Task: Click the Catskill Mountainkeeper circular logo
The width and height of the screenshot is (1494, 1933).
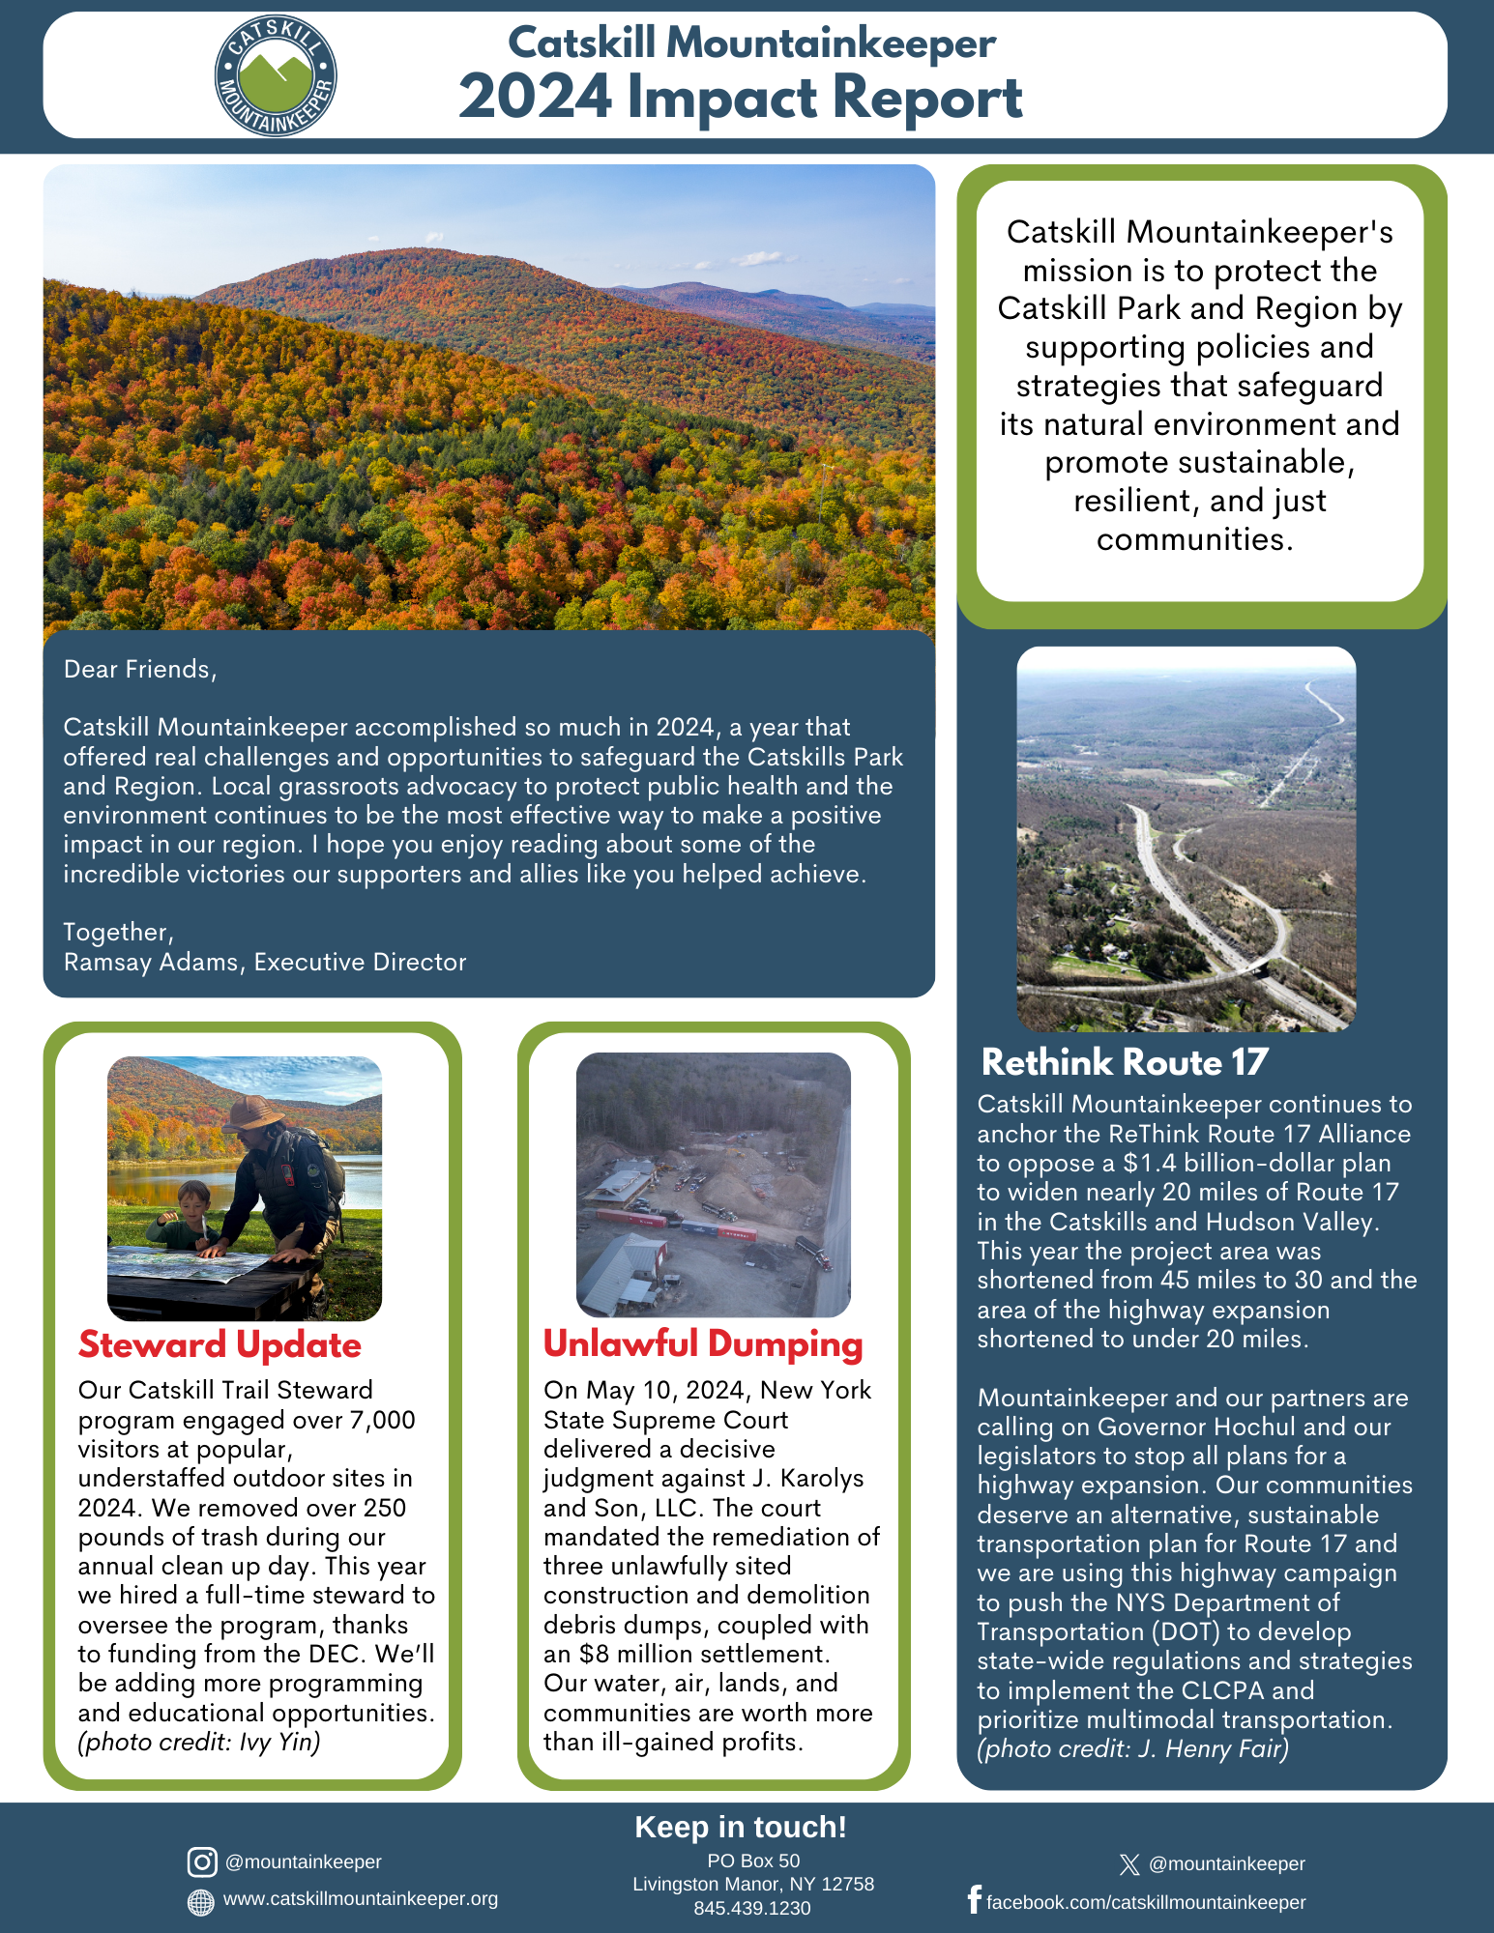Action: (x=276, y=76)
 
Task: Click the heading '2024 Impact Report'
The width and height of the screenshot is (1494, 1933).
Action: (x=740, y=99)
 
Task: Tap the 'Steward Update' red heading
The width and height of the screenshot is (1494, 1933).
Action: (x=220, y=1344)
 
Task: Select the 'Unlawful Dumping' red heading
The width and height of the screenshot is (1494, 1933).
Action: (x=703, y=1343)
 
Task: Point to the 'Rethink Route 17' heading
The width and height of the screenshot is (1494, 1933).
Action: (x=1124, y=1062)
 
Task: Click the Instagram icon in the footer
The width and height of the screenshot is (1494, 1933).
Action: (x=202, y=1861)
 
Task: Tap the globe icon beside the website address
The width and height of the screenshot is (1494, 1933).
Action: (x=200, y=1901)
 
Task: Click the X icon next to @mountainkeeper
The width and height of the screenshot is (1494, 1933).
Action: (x=1128, y=1864)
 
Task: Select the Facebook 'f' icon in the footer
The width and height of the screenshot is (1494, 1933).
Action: (x=974, y=1899)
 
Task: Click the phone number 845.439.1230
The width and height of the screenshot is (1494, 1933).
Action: (x=752, y=1908)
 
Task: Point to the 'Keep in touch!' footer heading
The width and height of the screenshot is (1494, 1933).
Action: (x=741, y=1827)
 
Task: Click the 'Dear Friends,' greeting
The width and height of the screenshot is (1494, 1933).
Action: (x=140, y=669)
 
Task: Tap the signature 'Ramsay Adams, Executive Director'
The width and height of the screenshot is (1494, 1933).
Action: (x=265, y=962)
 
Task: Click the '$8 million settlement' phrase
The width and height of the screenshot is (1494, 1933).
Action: (x=704, y=1654)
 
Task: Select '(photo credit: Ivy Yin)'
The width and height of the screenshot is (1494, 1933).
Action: (x=199, y=1742)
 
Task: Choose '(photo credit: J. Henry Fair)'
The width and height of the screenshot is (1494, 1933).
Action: (x=1132, y=1748)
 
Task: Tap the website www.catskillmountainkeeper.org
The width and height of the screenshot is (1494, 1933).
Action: (x=361, y=1899)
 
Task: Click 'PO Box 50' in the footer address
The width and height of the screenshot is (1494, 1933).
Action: (x=753, y=1861)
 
